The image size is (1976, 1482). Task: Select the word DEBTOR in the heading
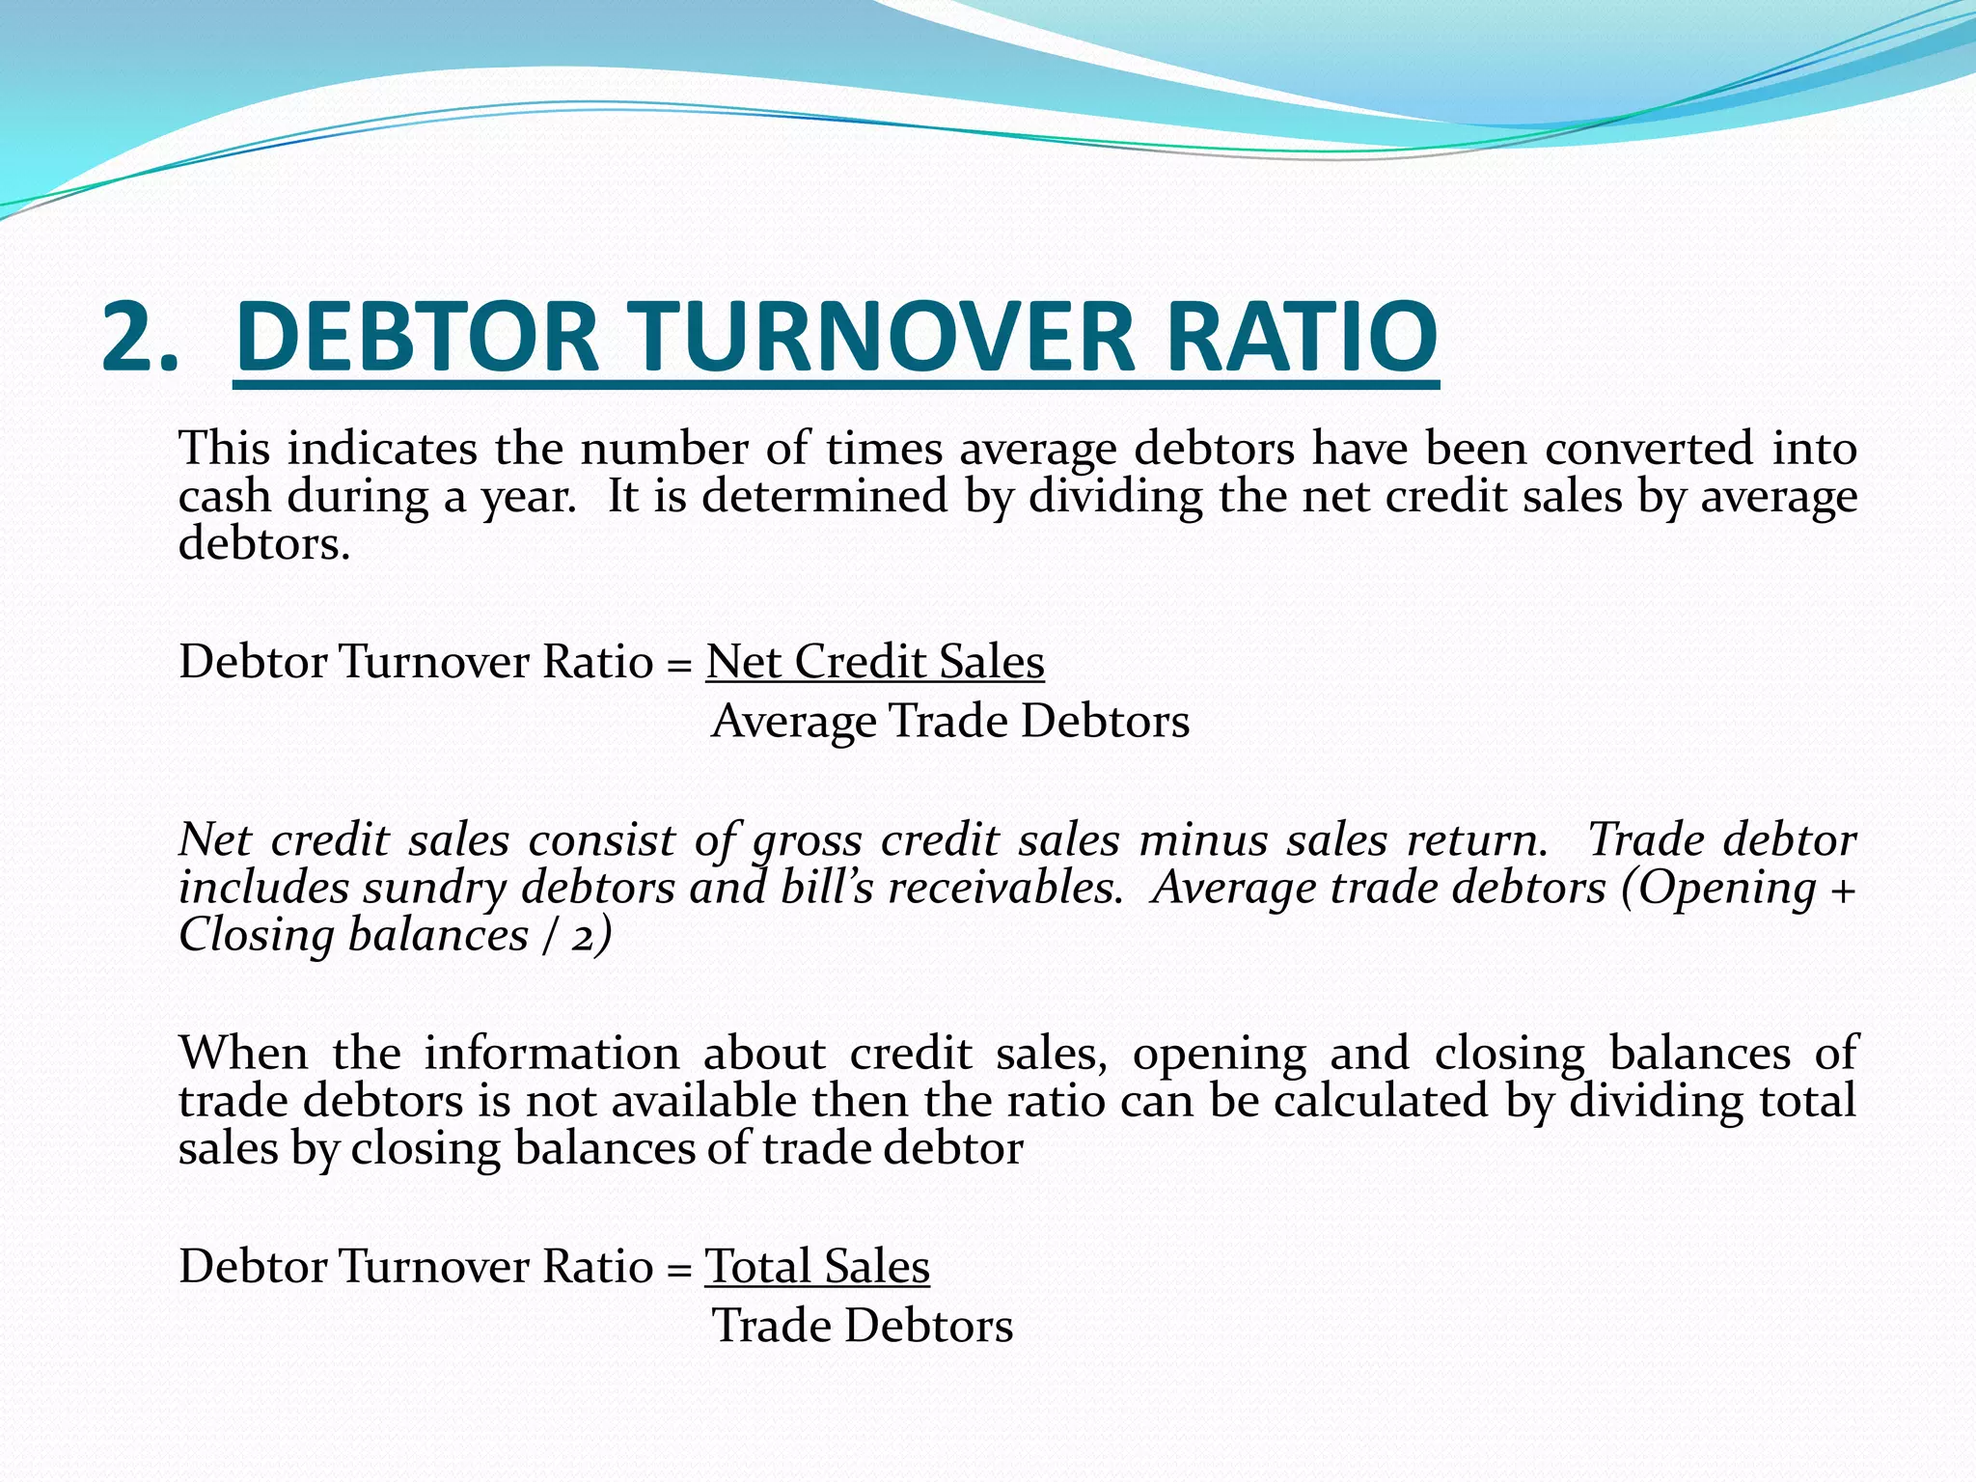click(x=417, y=336)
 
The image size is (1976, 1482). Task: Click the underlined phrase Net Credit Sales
click(x=875, y=662)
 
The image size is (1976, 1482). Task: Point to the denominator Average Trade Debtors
click(x=950, y=721)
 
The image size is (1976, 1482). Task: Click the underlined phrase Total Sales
click(x=817, y=1266)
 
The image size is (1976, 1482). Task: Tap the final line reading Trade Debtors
click(x=863, y=1326)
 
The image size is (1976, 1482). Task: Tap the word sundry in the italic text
click(x=434, y=889)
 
